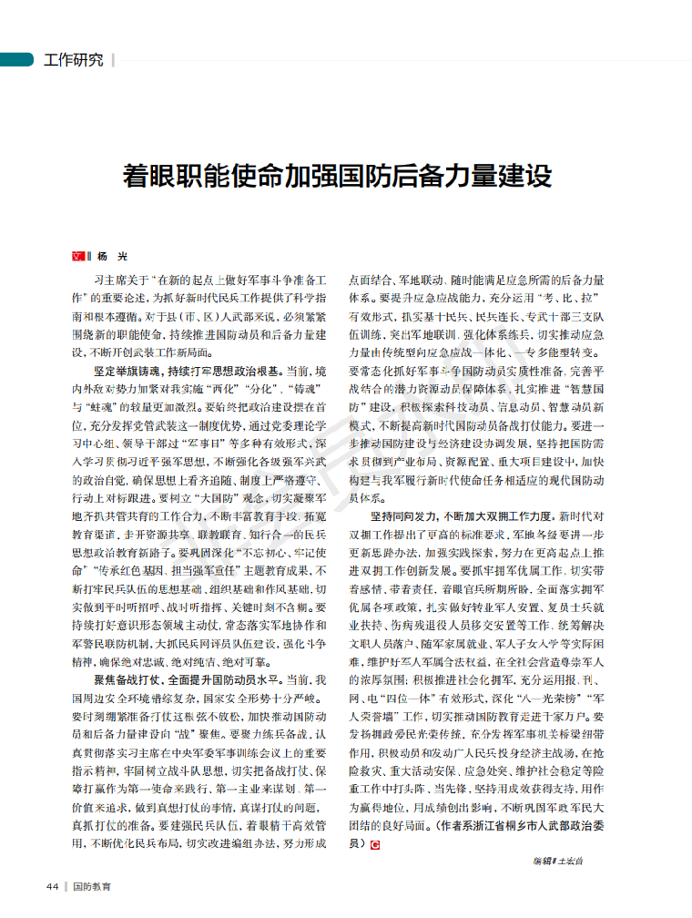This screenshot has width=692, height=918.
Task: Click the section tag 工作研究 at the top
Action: point(74,60)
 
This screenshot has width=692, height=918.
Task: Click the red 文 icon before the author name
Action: point(78,258)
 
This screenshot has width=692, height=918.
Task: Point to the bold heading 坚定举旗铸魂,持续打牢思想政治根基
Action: point(183,372)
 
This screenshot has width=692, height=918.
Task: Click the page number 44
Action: point(53,886)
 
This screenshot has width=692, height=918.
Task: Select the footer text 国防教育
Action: point(93,886)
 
